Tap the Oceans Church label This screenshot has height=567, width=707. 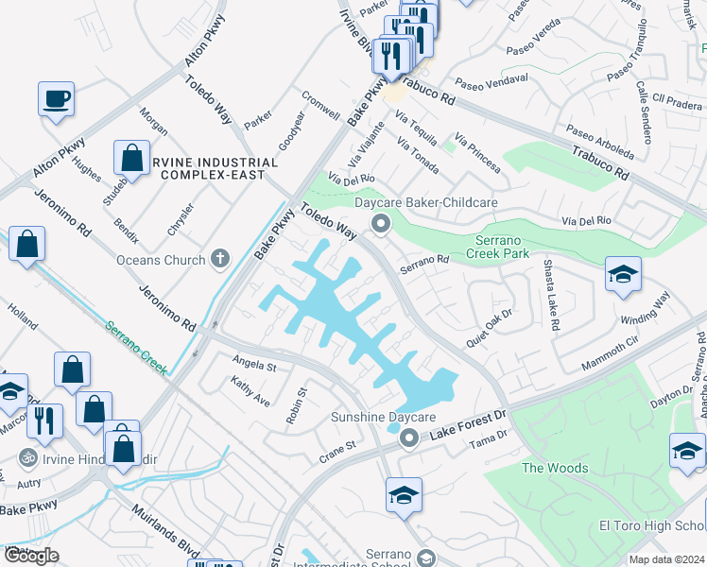160,260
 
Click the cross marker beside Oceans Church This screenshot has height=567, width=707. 220,258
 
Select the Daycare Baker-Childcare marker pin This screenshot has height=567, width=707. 382,224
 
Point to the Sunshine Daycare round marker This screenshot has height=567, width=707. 408,438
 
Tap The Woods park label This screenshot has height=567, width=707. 555,468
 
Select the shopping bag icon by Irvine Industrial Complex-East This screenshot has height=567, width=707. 132,158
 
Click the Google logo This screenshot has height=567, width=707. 31,556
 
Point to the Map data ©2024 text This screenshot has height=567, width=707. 667,559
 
